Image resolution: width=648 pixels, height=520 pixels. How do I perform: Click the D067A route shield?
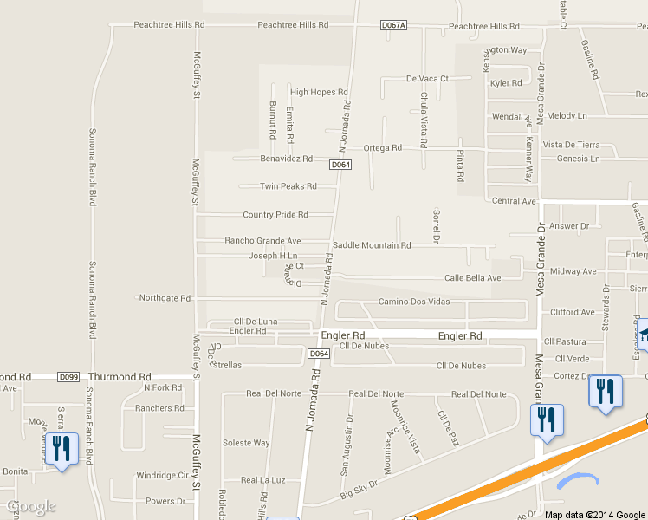tap(393, 26)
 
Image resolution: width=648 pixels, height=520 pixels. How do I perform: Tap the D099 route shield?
tap(69, 377)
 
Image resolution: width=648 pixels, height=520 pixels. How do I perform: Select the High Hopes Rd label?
tap(319, 92)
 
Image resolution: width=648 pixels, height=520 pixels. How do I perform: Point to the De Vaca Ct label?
tap(427, 79)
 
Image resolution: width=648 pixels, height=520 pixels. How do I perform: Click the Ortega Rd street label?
tap(382, 148)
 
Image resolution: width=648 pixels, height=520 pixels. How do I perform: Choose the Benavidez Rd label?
tap(286, 159)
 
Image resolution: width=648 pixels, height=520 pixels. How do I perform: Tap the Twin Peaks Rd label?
tap(288, 186)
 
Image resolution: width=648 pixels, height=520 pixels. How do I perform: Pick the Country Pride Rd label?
tap(275, 215)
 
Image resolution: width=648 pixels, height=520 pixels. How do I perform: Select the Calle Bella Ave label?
tap(472, 278)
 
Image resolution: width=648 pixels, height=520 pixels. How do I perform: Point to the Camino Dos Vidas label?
tap(414, 302)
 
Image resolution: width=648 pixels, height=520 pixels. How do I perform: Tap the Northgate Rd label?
tap(165, 298)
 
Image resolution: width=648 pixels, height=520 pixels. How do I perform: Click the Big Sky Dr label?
tap(359, 491)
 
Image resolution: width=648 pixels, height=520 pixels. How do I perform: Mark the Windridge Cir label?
tap(162, 476)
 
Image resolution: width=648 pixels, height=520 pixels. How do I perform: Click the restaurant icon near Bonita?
tap(61, 448)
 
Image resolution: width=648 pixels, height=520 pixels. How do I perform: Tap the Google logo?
tap(30, 506)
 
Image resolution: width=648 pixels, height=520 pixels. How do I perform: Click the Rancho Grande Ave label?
tap(262, 241)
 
